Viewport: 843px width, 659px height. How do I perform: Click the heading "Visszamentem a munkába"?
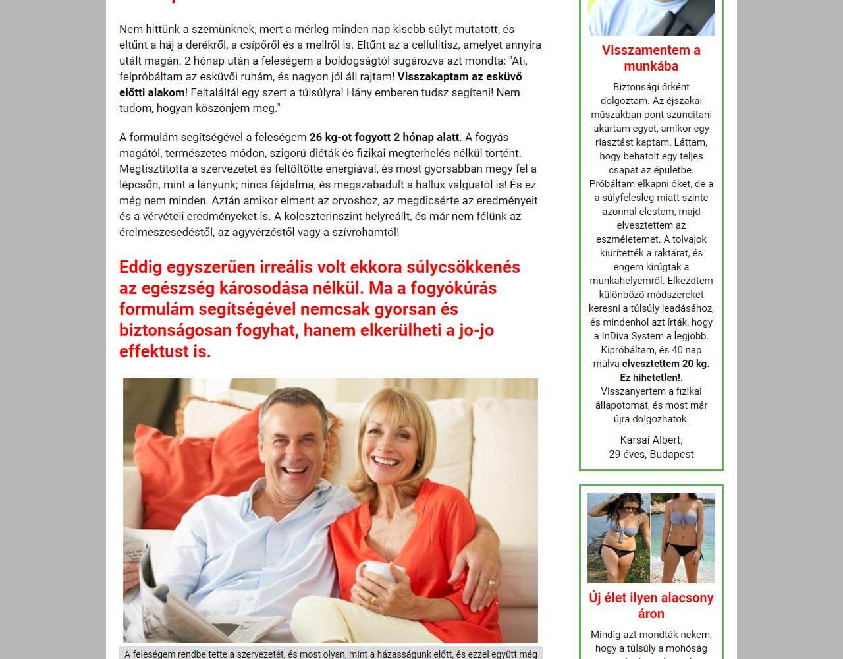pyautogui.click(x=651, y=58)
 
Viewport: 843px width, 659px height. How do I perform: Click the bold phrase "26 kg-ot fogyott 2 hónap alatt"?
pyautogui.click(x=384, y=138)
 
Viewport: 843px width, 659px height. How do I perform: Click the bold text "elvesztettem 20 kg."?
pyautogui.click(x=665, y=364)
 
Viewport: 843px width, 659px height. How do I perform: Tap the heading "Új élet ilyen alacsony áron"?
pyautogui.click(x=651, y=606)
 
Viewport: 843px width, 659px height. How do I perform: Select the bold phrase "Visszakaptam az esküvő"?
pyautogui.click(x=460, y=77)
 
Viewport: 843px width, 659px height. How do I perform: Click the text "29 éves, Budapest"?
pyautogui.click(x=651, y=454)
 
